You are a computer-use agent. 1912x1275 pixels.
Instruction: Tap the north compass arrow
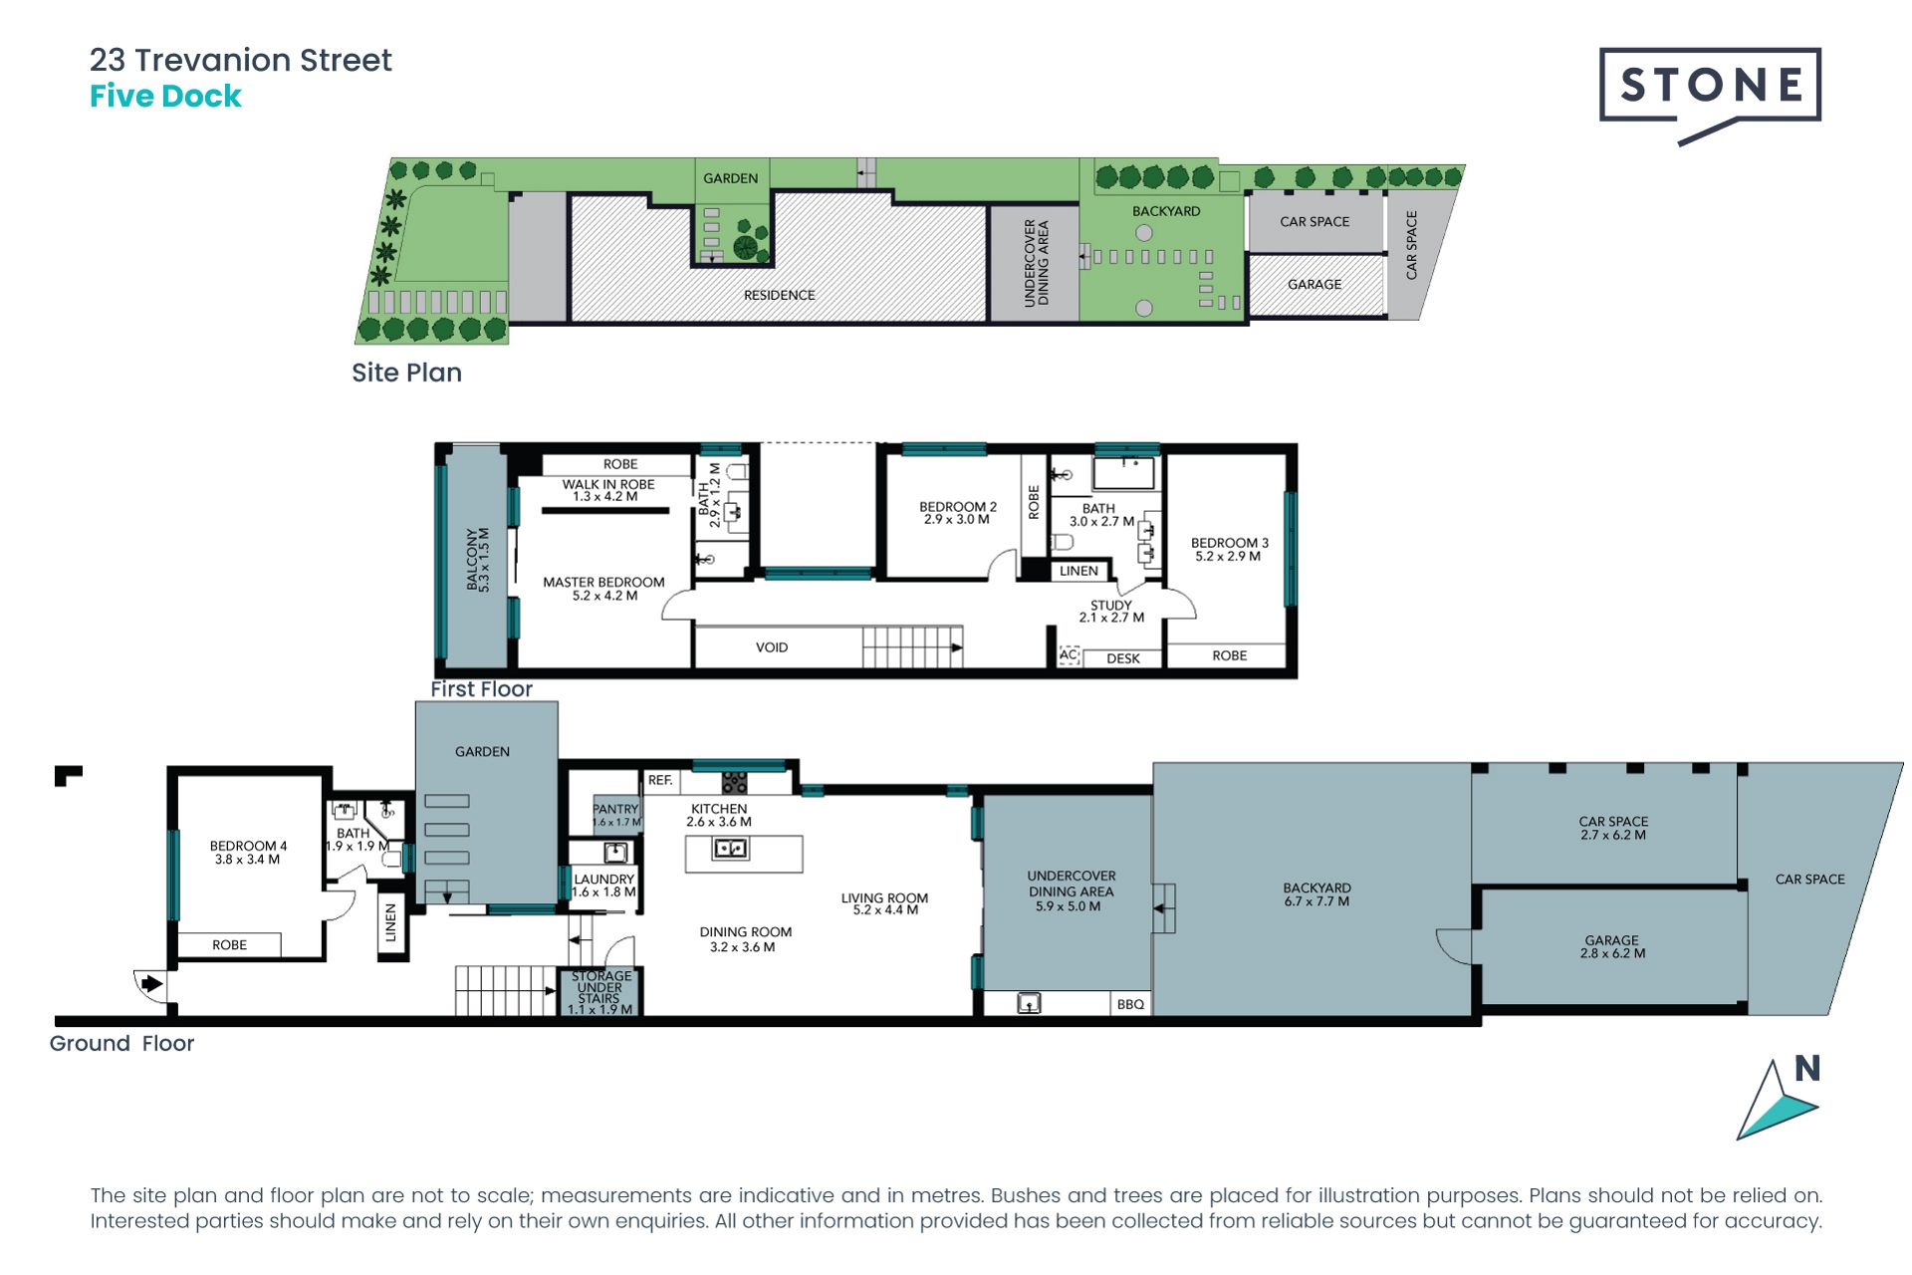point(1778,1100)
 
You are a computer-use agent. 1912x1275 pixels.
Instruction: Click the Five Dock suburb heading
point(165,97)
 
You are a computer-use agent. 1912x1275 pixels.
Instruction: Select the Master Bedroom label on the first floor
point(603,589)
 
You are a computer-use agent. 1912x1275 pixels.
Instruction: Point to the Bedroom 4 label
point(248,853)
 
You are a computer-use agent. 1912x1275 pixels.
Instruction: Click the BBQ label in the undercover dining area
point(1130,1004)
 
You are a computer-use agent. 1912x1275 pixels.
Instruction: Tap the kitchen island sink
point(731,849)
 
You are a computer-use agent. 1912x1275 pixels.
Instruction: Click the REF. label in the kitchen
point(659,780)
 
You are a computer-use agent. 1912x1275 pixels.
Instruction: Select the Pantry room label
point(616,815)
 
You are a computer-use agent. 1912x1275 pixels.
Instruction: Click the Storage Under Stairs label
point(599,992)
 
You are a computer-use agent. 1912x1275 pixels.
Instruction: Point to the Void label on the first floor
point(772,647)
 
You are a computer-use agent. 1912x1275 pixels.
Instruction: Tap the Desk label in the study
point(1123,658)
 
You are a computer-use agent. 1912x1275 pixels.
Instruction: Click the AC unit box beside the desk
point(1069,655)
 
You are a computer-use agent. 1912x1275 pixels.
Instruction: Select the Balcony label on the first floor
point(477,560)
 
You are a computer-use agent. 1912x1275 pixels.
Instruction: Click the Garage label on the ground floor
point(1612,946)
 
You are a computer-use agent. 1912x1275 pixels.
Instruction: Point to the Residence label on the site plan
point(779,295)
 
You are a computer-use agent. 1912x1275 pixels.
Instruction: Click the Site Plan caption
point(406,373)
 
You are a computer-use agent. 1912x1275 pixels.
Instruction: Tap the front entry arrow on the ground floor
point(151,984)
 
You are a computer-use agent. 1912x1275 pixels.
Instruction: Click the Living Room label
point(884,903)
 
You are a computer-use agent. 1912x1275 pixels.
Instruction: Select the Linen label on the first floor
point(1078,571)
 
